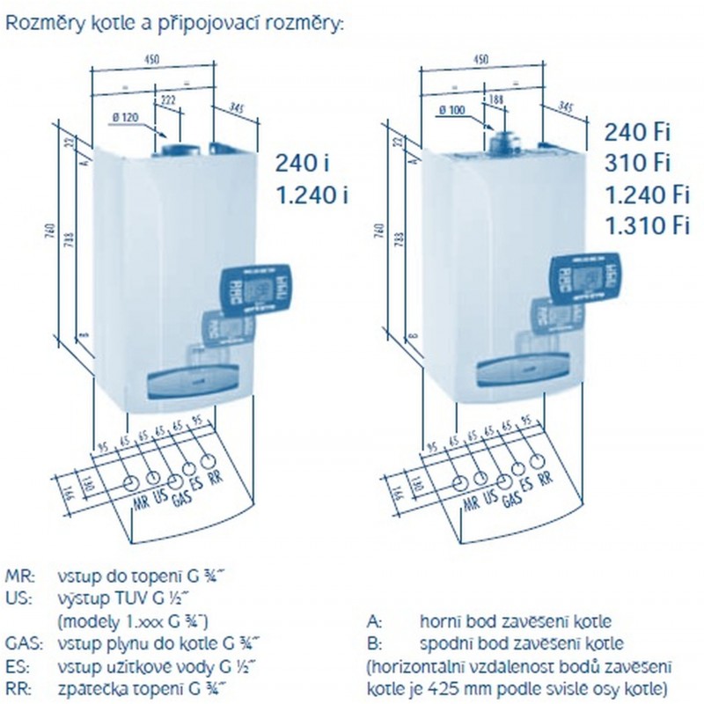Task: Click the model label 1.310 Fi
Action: [646, 226]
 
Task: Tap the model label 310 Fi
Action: [637, 164]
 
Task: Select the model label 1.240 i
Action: [312, 195]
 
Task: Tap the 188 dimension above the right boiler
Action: [498, 99]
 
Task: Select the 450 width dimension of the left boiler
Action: [154, 60]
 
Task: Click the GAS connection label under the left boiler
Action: [182, 497]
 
